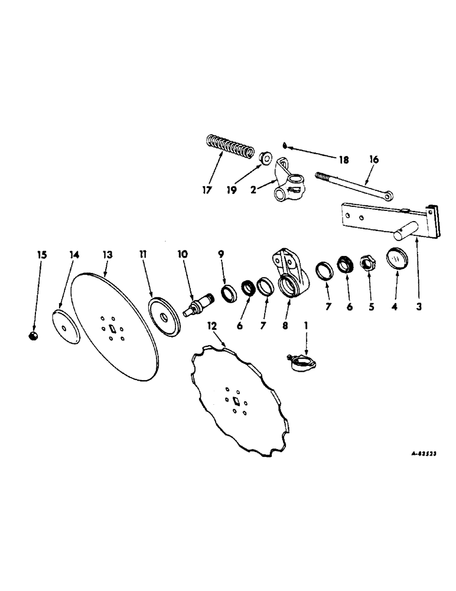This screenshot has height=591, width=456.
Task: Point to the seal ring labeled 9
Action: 227,291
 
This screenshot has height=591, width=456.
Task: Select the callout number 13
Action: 108,255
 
